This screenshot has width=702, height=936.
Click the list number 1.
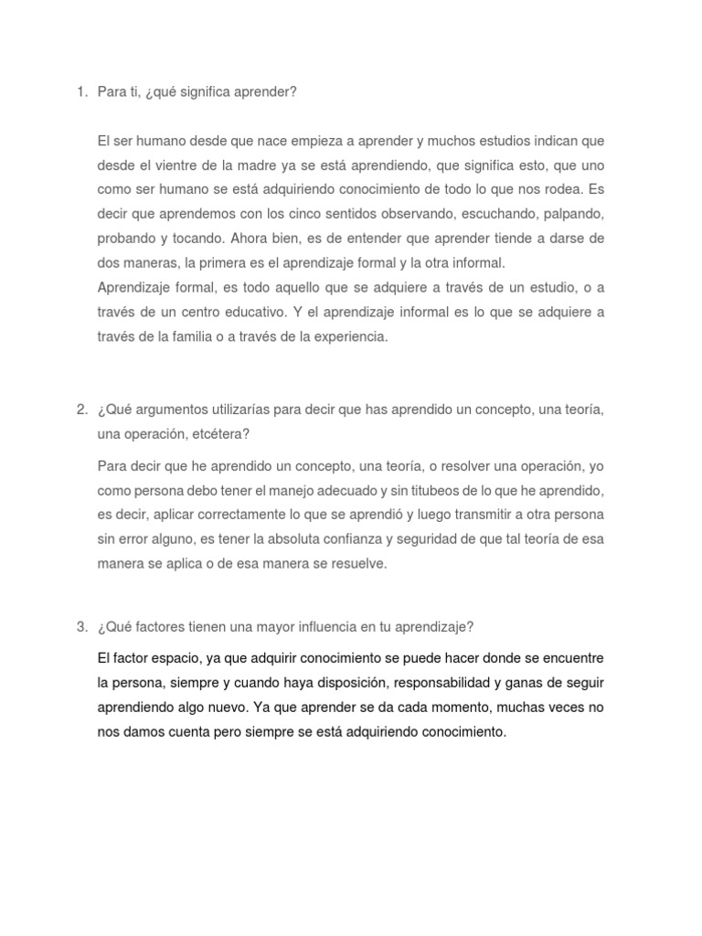point(80,91)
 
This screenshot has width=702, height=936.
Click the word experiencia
point(350,336)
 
